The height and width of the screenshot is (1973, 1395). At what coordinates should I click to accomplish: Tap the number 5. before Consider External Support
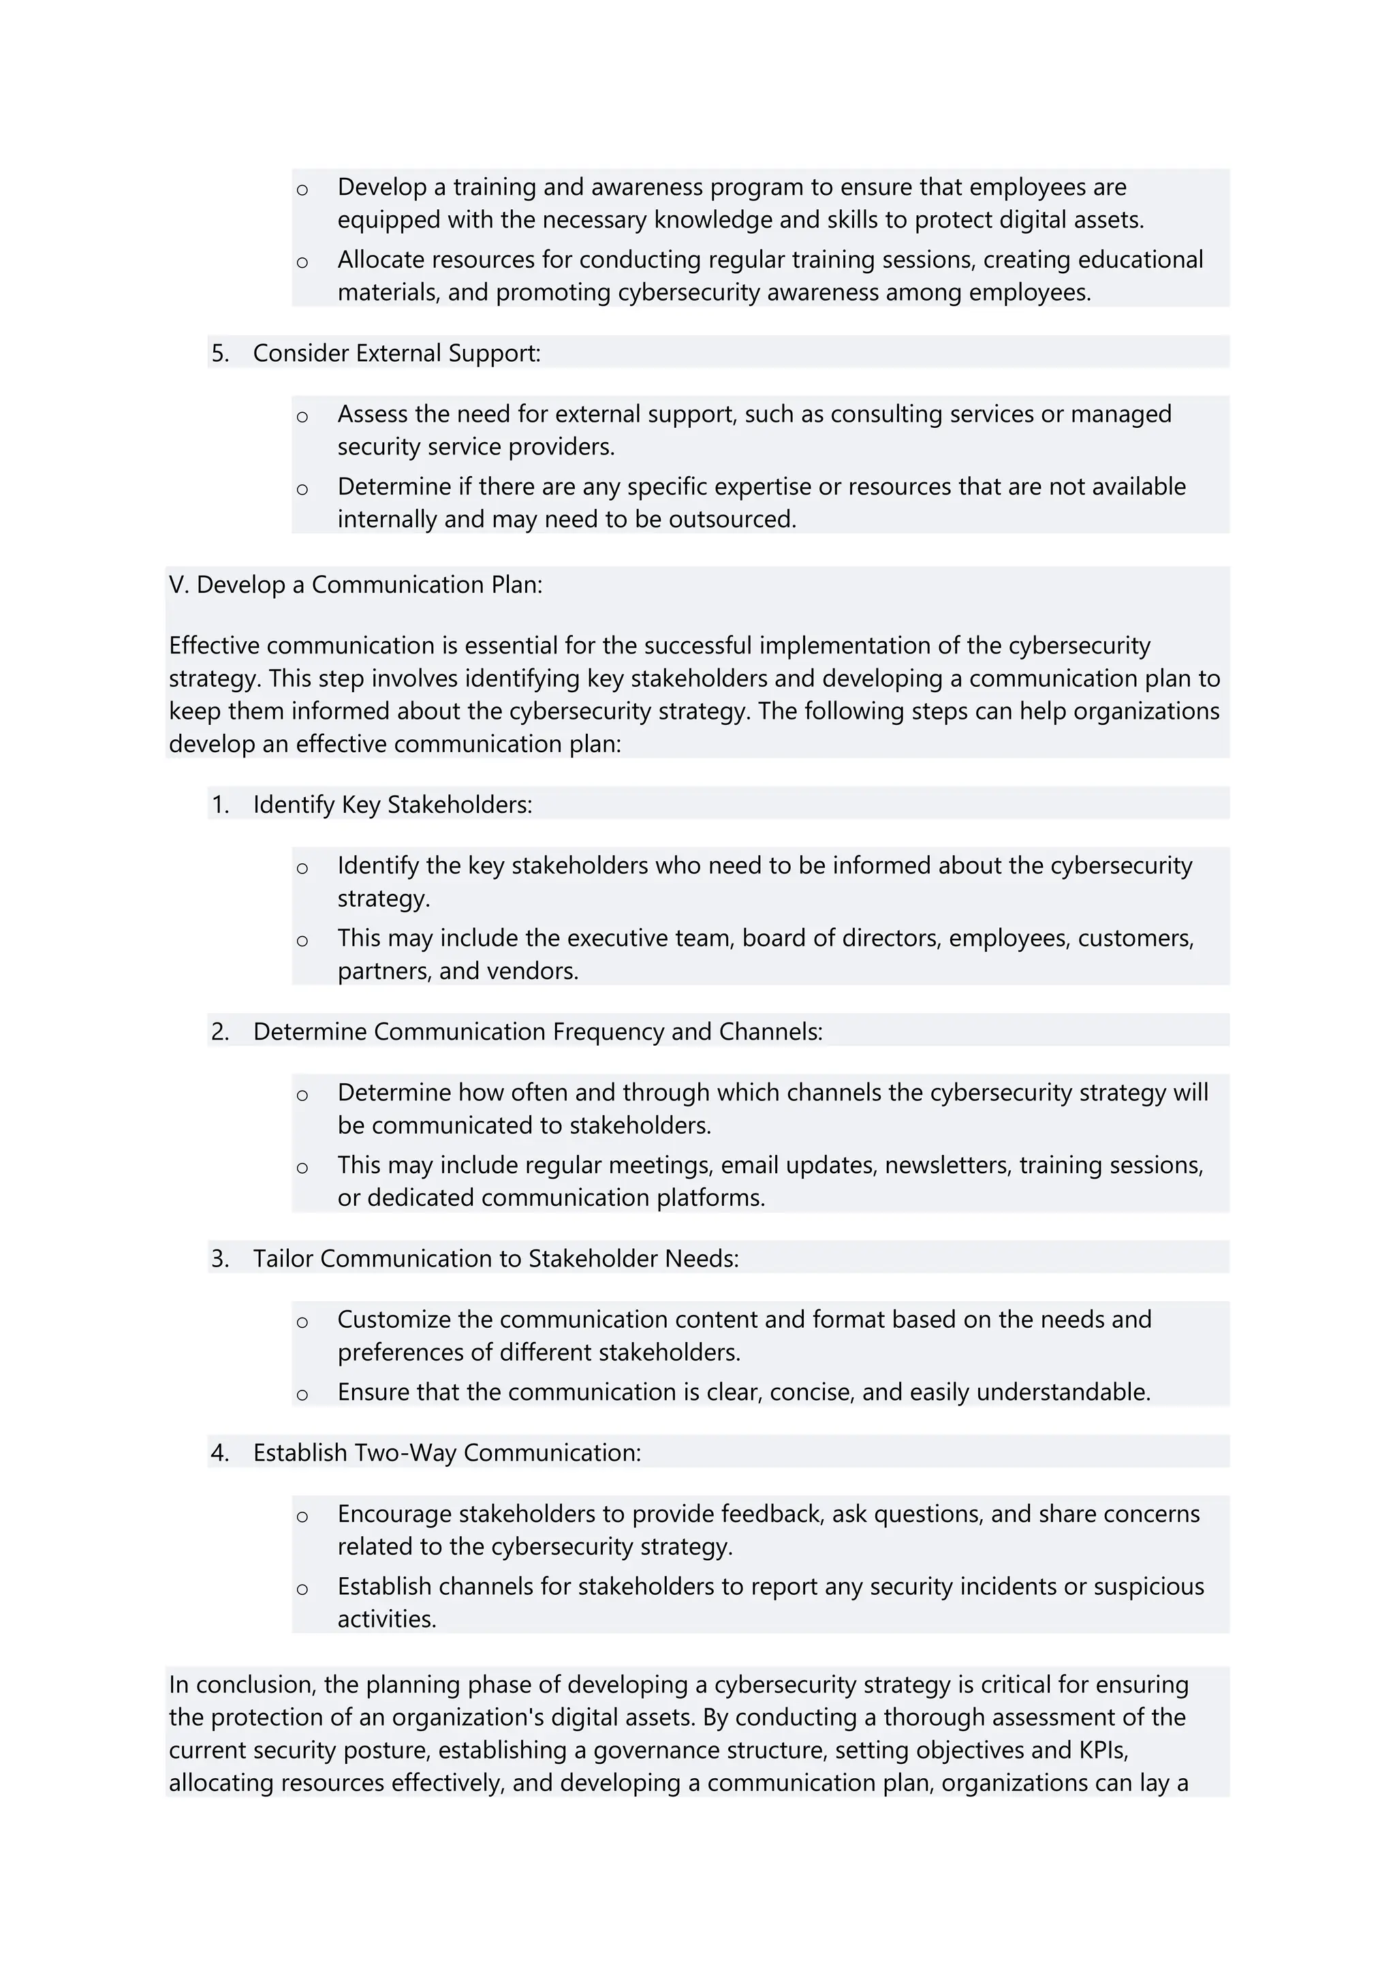coord(220,353)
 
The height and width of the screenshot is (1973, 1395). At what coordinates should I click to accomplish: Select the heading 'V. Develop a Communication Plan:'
coord(356,585)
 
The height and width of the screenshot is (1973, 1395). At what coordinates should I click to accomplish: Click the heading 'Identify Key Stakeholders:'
coord(392,805)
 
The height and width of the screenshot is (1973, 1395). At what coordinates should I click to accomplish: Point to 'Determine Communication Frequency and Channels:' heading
coord(537,1031)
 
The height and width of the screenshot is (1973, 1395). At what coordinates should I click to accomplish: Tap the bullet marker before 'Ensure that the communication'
coord(302,1395)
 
